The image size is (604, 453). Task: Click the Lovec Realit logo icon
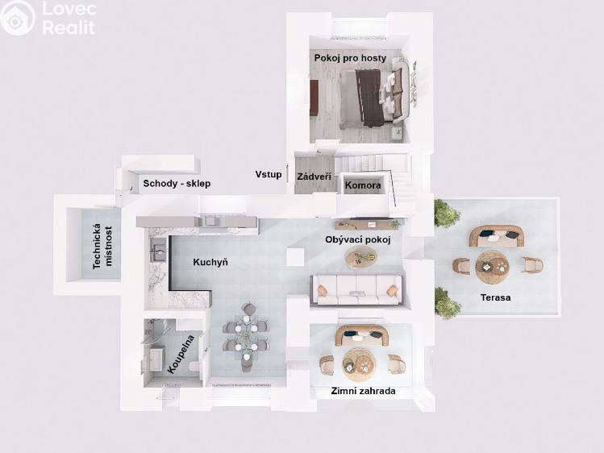(x=17, y=18)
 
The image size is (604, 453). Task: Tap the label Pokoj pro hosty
(x=350, y=58)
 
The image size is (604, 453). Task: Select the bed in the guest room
(x=372, y=97)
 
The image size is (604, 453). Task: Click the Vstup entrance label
(x=269, y=174)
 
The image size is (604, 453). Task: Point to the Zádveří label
(x=314, y=177)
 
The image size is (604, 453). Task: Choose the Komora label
(x=363, y=185)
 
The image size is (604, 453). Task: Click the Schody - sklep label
(x=177, y=183)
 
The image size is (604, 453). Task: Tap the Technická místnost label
(x=103, y=246)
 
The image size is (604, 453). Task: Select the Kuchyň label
(x=210, y=263)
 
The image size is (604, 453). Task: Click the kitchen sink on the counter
(x=158, y=249)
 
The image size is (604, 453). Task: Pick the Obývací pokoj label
(x=358, y=239)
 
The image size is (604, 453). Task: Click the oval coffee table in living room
(x=361, y=258)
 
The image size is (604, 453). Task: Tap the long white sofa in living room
(x=356, y=290)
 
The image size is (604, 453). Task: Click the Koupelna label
(x=181, y=354)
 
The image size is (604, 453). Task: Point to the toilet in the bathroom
(x=194, y=367)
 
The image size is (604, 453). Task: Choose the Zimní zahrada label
(x=363, y=391)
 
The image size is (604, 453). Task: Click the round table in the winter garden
(x=359, y=364)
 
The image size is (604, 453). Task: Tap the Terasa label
(x=496, y=297)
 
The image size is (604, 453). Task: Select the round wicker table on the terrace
(x=492, y=267)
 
